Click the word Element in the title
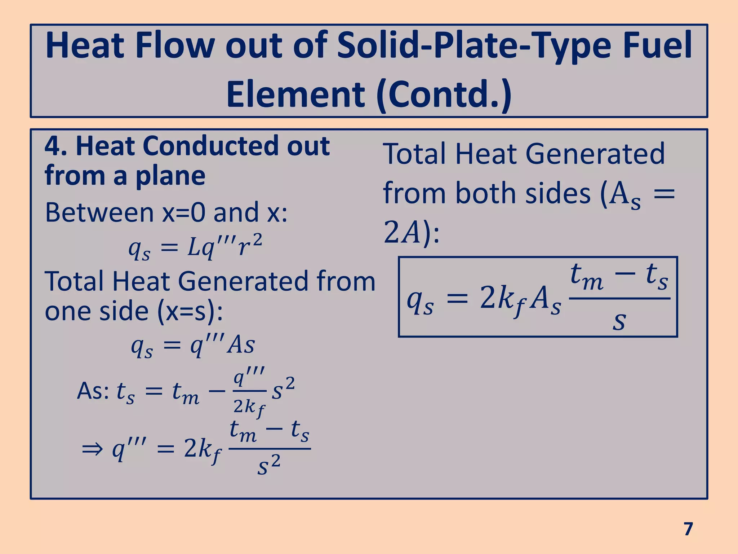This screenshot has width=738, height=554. pos(295,94)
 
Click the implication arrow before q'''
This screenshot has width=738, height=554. pos(92,450)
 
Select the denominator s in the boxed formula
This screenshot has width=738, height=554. pos(619,321)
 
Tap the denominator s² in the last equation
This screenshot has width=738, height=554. pos(269,466)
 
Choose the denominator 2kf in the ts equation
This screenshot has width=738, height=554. pos(249,408)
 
